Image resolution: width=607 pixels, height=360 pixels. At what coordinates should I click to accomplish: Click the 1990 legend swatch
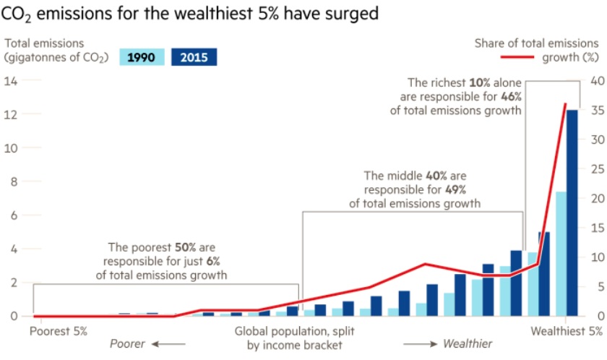click(x=146, y=57)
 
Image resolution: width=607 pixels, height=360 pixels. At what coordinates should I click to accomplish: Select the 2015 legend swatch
click(x=194, y=57)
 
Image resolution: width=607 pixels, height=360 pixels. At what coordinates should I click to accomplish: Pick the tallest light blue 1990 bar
click(x=559, y=253)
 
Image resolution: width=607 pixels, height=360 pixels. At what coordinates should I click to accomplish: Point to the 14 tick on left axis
click(x=11, y=80)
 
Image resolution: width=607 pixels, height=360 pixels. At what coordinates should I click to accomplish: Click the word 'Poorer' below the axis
click(x=127, y=344)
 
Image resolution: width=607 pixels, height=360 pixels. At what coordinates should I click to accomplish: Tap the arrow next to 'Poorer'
click(x=163, y=344)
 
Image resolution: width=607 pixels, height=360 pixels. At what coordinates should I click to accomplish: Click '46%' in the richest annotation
click(x=509, y=97)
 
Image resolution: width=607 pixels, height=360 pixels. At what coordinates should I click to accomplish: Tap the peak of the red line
click(x=566, y=104)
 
